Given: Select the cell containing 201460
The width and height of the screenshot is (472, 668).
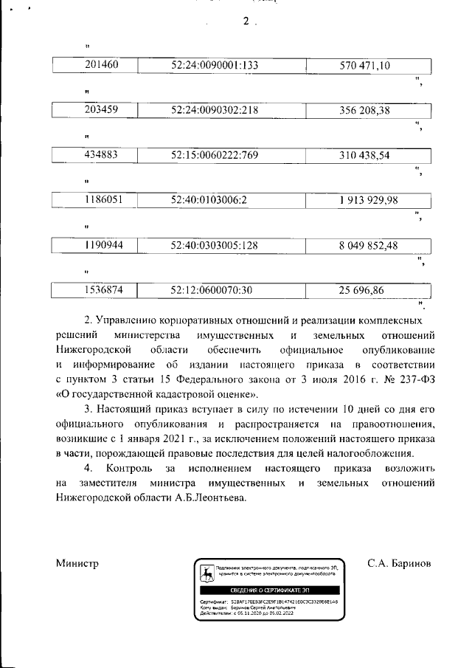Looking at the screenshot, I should [x=103, y=65].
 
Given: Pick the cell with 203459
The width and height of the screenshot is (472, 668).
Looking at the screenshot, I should [x=103, y=110].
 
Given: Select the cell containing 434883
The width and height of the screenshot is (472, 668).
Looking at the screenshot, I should [x=103, y=155].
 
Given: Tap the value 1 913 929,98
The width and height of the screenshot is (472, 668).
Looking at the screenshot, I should [x=369, y=200].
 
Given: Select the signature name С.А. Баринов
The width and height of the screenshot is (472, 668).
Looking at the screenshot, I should [x=399, y=564].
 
